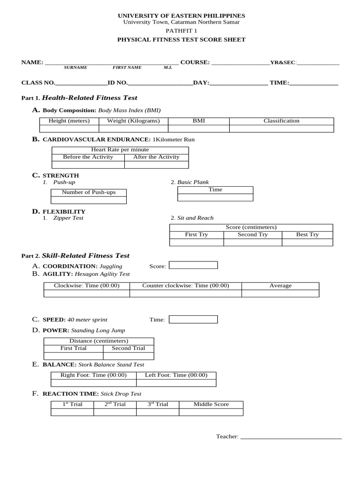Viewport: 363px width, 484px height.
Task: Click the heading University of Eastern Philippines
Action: [x=181, y=16]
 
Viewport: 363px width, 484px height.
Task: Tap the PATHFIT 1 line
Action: [x=181, y=31]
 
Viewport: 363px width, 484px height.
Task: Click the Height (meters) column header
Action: [x=69, y=121]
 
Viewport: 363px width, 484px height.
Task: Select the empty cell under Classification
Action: [x=281, y=129]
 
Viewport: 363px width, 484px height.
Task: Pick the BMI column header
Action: [x=199, y=121]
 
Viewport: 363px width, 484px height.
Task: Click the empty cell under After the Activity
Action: [x=156, y=165]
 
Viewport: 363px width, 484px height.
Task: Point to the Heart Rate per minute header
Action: [x=120, y=150]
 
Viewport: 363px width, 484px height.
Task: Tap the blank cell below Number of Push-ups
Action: [x=88, y=200]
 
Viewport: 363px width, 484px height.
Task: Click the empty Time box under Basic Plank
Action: [x=215, y=197]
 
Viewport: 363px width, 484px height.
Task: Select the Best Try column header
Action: [x=307, y=235]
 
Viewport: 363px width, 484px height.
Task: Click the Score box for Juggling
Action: [x=193, y=265]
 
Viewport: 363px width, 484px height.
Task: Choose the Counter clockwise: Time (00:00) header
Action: [x=185, y=286]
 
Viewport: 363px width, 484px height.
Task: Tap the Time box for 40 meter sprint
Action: [x=193, y=320]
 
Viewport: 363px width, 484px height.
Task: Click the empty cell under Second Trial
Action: [x=128, y=356]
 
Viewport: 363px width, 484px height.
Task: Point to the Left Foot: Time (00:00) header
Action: [x=176, y=375]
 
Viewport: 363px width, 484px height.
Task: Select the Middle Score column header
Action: [x=211, y=405]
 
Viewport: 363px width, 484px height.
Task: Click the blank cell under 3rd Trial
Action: [x=158, y=412]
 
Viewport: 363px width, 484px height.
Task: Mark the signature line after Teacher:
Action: [x=291, y=437]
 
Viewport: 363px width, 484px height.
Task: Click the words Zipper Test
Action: [x=68, y=218]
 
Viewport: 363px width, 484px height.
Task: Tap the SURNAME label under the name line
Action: [x=76, y=68]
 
